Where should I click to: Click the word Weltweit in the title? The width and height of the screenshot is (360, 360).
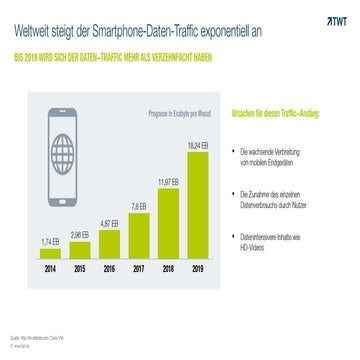point(32,30)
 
